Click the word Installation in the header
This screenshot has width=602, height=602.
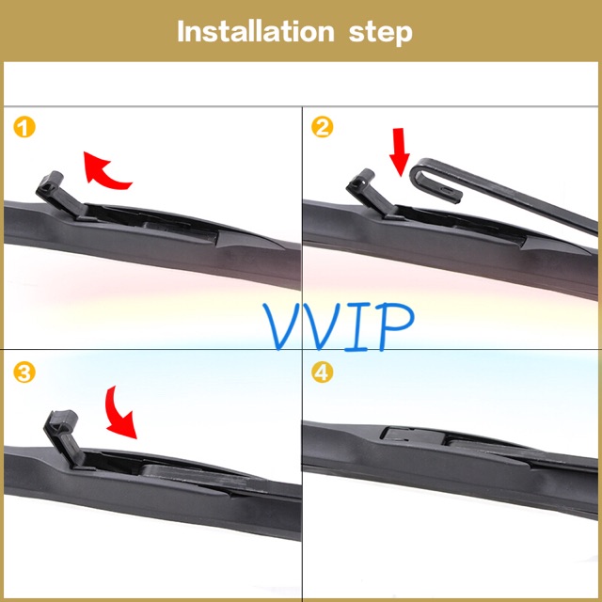pos(256,31)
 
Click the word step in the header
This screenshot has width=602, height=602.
pos(380,34)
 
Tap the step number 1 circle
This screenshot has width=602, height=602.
pos(24,127)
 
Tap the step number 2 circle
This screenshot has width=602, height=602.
pos(322,127)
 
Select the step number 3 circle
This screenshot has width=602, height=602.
pos(24,372)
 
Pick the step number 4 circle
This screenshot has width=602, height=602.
pos(322,372)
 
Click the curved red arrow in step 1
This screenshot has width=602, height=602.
pos(103,173)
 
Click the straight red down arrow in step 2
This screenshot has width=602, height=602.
pos(399,152)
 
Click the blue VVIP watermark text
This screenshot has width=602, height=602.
pos(339,326)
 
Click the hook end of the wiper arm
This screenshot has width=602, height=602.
pos(434,181)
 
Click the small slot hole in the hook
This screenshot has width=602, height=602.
pos(448,190)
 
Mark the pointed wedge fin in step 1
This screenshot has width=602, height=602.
pos(249,239)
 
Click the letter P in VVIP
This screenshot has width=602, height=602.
pos(397,326)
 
